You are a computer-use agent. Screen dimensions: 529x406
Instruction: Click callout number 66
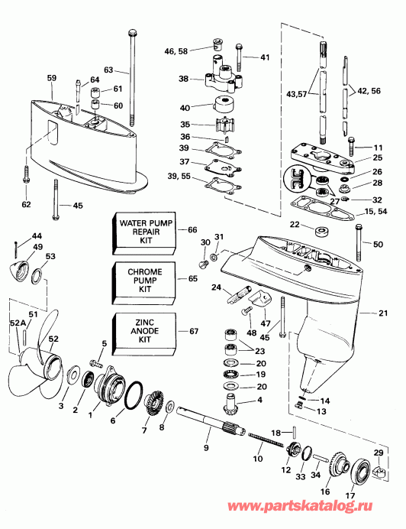coord(192,229)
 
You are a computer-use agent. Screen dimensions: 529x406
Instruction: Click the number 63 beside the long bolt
coord(109,70)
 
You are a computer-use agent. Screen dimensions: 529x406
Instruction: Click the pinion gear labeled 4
coord(230,398)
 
